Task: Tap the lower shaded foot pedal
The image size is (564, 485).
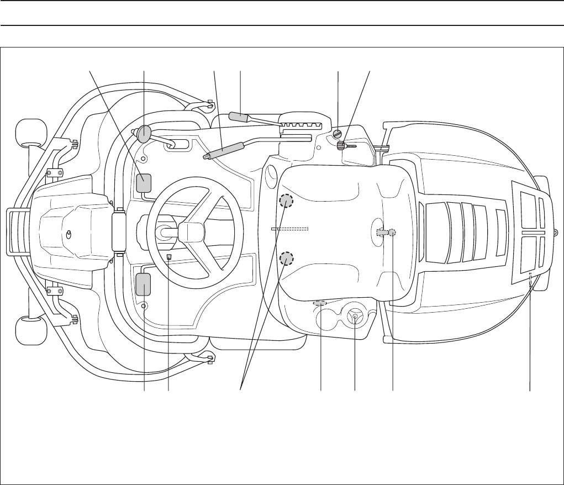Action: [x=144, y=284]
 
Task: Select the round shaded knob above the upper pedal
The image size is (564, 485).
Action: [x=145, y=133]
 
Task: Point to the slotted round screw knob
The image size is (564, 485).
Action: [x=338, y=134]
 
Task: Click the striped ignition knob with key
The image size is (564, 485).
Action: [x=341, y=146]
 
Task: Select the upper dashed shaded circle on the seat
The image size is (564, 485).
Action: [x=286, y=201]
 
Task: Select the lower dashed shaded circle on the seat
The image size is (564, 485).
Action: [x=286, y=258]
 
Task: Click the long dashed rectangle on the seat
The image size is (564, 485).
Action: [x=289, y=228]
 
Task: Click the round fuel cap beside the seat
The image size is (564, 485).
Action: [x=355, y=317]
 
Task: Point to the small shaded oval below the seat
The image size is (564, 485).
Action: [x=320, y=303]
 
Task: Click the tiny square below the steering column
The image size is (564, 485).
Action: [x=169, y=257]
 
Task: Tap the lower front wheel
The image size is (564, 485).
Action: [x=30, y=330]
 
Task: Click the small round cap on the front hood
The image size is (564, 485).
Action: [x=68, y=234]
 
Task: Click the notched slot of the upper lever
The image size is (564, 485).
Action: [x=298, y=125]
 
